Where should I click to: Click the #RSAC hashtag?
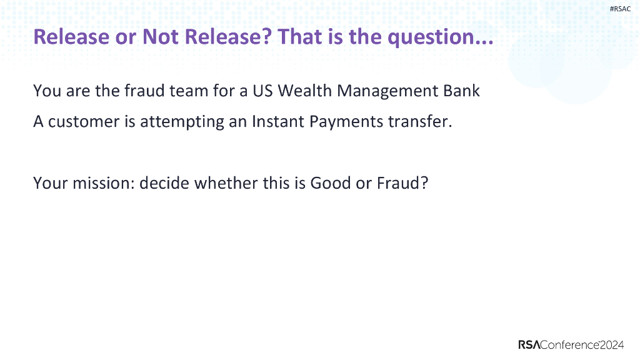tap(619, 9)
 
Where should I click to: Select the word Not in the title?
tap(161, 37)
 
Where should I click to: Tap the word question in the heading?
tap(436, 37)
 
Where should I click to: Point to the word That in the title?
tap(300, 37)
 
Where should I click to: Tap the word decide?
tap(164, 184)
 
